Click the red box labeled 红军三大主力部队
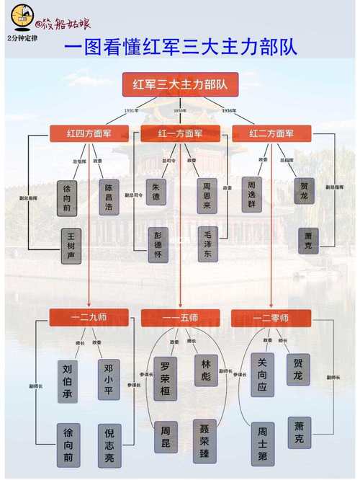click(x=180, y=85)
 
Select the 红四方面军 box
click(x=89, y=133)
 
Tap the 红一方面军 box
click(x=181, y=133)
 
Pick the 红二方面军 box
click(x=271, y=133)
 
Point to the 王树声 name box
click(x=71, y=246)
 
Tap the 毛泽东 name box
click(x=207, y=245)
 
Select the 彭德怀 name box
click(x=156, y=245)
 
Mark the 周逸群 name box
click(x=253, y=193)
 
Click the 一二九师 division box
click(x=89, y=317)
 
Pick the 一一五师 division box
click(x=179, y=317)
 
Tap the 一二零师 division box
click(x=271, y=317)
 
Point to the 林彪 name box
click(x=204, y=370)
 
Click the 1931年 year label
click(x=130, y=110)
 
